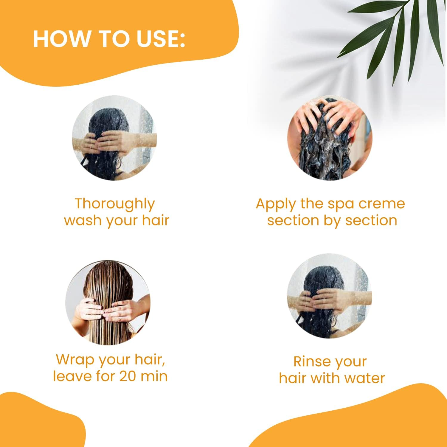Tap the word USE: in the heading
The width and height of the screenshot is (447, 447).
161,39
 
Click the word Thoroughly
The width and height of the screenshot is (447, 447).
115,204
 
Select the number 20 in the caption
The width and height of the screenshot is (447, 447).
128,376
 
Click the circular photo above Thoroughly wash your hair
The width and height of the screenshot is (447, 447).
114,138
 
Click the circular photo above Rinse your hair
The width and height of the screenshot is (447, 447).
330,296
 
